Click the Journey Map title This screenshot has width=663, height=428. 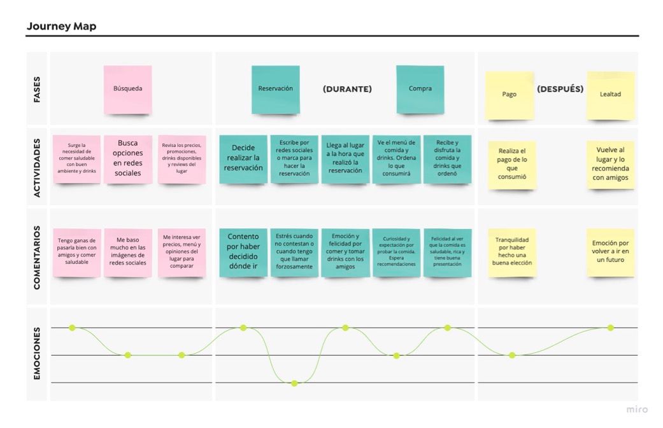click(x=61, y=26)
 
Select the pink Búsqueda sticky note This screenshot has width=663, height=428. click(x=127, y=89)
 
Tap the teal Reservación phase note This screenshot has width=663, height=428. click(x=276, y=89)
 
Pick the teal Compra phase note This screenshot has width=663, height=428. click(x=420, y=89)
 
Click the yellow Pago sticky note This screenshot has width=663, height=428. click(x=510, y=95)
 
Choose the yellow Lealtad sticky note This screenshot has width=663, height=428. click(x=611, y=95)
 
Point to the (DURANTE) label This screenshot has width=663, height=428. click(x=347, y=89)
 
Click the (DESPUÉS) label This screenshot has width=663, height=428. click(x=560, y=89)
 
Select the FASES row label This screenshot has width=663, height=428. click(x=37, y=89)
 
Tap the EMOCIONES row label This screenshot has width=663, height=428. click(x=37, y=354)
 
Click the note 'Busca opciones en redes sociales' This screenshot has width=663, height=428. click(x=127, y=159)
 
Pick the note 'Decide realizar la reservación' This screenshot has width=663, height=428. click(x=243, y=159)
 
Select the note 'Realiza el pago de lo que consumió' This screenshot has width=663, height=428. click(x=512, y=165)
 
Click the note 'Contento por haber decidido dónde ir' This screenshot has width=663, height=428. click(x=243, y=253)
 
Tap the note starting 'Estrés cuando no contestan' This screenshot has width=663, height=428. click(x=294, y=253)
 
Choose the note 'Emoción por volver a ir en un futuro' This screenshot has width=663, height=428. click(x=611, y=253)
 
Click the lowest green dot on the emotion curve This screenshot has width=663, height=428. click(x=294, y=383)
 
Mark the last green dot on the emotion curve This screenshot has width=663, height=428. click(x=611, y=328)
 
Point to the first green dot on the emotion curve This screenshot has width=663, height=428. click(x=73, y=328)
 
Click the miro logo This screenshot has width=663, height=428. click(x=637, y=410)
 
